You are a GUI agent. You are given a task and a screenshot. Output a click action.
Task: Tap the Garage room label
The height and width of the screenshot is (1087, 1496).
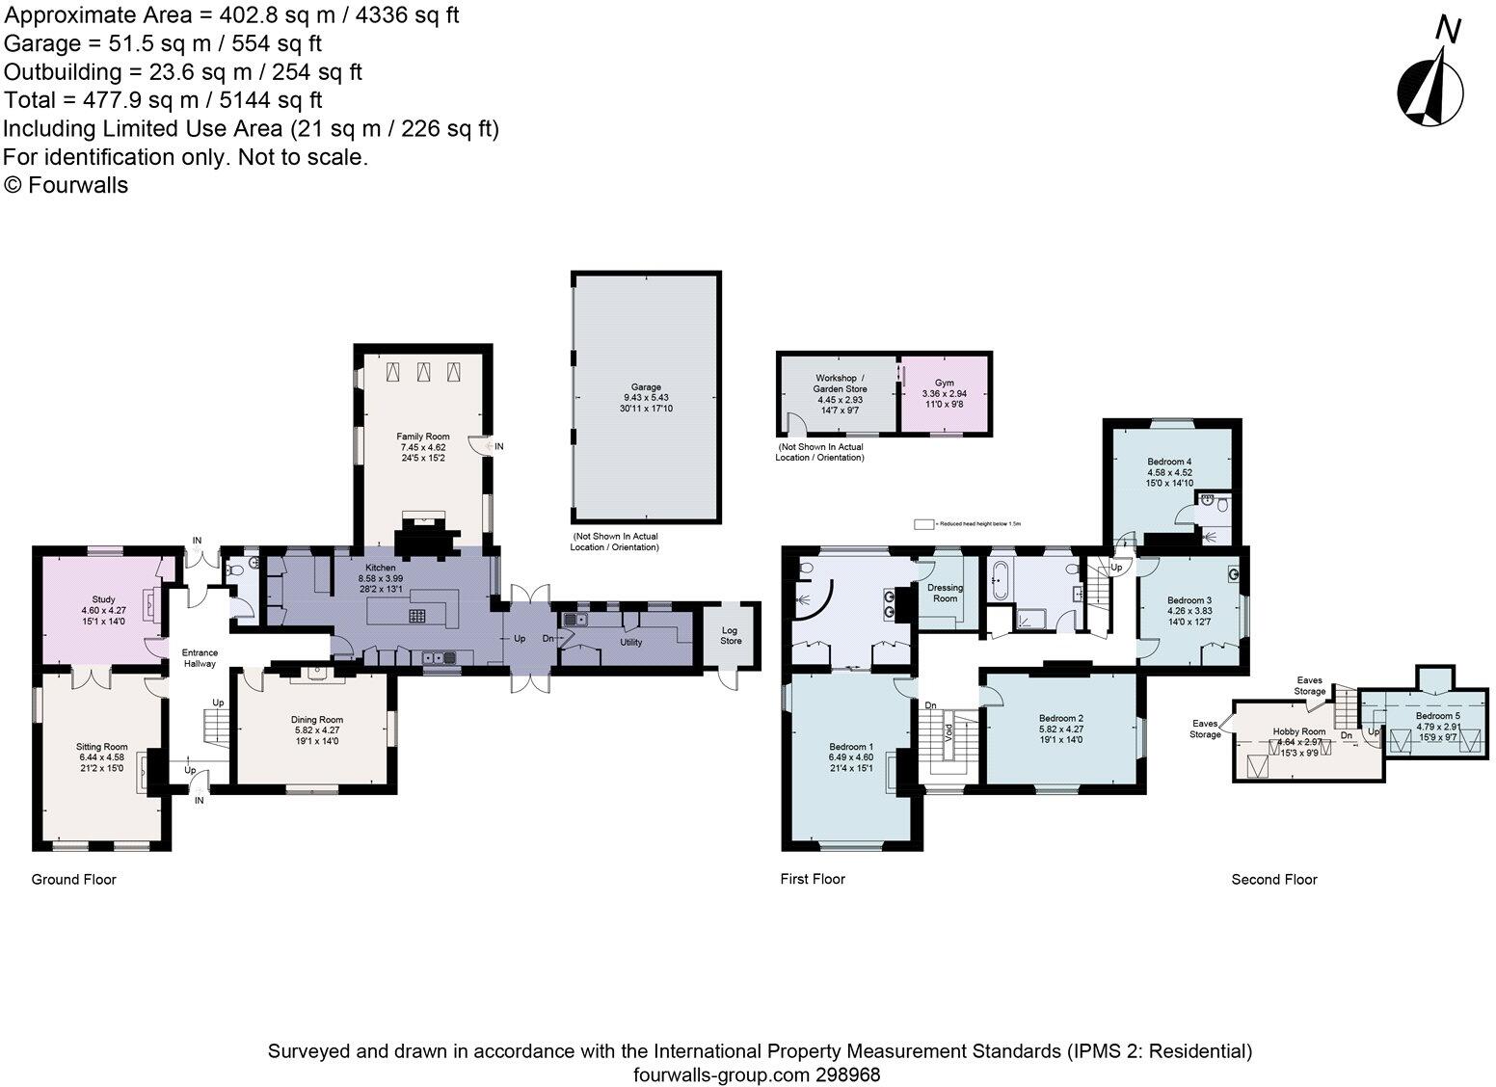click(646, 387)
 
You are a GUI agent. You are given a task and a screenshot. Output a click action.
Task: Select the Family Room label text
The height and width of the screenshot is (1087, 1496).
click(423, 437)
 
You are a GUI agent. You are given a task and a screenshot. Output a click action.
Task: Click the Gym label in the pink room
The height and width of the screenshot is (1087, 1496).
click(944, 383)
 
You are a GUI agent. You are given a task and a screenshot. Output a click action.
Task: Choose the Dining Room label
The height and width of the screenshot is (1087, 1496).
click(317, 720)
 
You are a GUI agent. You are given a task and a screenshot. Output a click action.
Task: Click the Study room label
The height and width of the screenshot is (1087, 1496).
click(103, 599)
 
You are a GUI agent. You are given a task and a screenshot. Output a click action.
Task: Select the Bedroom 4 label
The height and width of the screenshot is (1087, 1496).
click(1169, 462)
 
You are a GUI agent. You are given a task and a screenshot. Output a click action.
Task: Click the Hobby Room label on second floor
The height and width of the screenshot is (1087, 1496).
click(1298, 731)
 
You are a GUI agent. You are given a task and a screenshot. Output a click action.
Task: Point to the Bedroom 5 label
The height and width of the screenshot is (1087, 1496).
click(1437, 716)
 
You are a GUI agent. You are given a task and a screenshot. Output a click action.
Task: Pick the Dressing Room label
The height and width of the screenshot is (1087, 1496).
click(944, 593)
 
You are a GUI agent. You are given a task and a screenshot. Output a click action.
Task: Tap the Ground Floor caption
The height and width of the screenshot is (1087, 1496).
click(74, 879)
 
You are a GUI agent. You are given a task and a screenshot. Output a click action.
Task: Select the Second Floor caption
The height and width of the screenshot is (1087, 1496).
click(1273, 879)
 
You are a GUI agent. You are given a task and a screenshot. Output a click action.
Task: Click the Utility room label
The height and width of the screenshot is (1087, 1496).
click(630, 642)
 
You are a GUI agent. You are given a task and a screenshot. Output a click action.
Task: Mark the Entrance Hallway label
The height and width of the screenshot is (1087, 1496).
click(200, 658)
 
